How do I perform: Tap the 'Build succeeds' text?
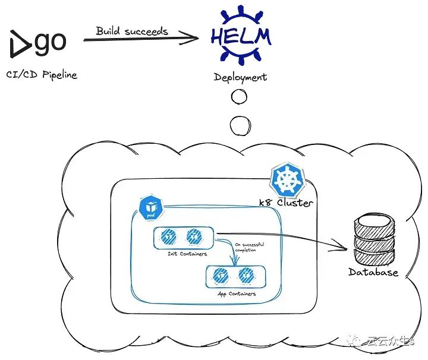pyautogui.click(x=132, y=30)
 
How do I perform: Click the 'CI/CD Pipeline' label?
pyautogui.click(x=41, y=75)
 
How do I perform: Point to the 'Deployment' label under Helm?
pyautogui.click(x=240, y=77)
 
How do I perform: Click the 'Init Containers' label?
pyautogui.click(x=183, y=254)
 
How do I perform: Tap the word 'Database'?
pyautogui.click(x=373, y=273)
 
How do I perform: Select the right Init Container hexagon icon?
pyautogui.click(x=192, y=238)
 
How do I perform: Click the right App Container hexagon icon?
pyautogui.click(x=244, y=276)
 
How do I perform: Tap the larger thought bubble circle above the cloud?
pyautogui.click(x=241, y=125)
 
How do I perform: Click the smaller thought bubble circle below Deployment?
pyautogui.click(x=241, y=96)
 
